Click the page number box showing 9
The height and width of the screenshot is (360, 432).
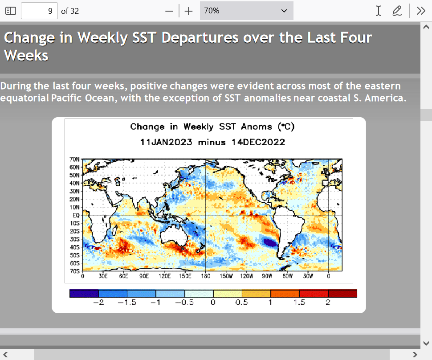pos(39,11)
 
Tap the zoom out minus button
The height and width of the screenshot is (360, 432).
pos(169,11)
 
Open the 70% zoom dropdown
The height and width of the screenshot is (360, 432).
pos(247,11)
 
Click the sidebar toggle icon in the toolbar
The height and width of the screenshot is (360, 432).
pos(11,11)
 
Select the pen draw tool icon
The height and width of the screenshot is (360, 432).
pos(397,11)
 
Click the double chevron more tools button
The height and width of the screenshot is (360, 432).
pos(421,11)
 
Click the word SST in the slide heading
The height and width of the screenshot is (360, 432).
pos(144,37)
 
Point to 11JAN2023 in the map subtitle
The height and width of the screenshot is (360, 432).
pos(166,142)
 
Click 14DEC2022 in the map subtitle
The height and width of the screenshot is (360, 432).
pos(258,142)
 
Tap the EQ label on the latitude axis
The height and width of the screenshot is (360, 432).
pos(76,215)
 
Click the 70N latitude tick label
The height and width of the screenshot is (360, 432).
pos(74,160)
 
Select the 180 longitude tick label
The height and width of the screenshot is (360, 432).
pos(205,276)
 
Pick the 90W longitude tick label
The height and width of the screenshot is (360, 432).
pos(267,276)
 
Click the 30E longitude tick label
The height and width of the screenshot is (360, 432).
pos(103,276)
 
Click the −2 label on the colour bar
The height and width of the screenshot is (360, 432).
pos(98,303)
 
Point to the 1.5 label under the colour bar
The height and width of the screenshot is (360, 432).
pos(299,303)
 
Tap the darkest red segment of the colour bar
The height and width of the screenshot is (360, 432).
pos(342,293)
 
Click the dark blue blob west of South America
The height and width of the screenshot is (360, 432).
pos(270,242)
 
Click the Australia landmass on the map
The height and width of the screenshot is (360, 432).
pos(174,236)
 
